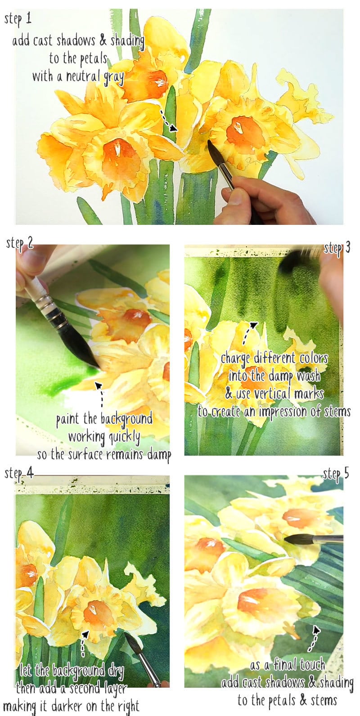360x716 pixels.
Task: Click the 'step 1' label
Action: point(18,18)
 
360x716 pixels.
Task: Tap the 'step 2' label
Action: point(20,243)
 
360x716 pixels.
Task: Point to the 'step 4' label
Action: point(18,473)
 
